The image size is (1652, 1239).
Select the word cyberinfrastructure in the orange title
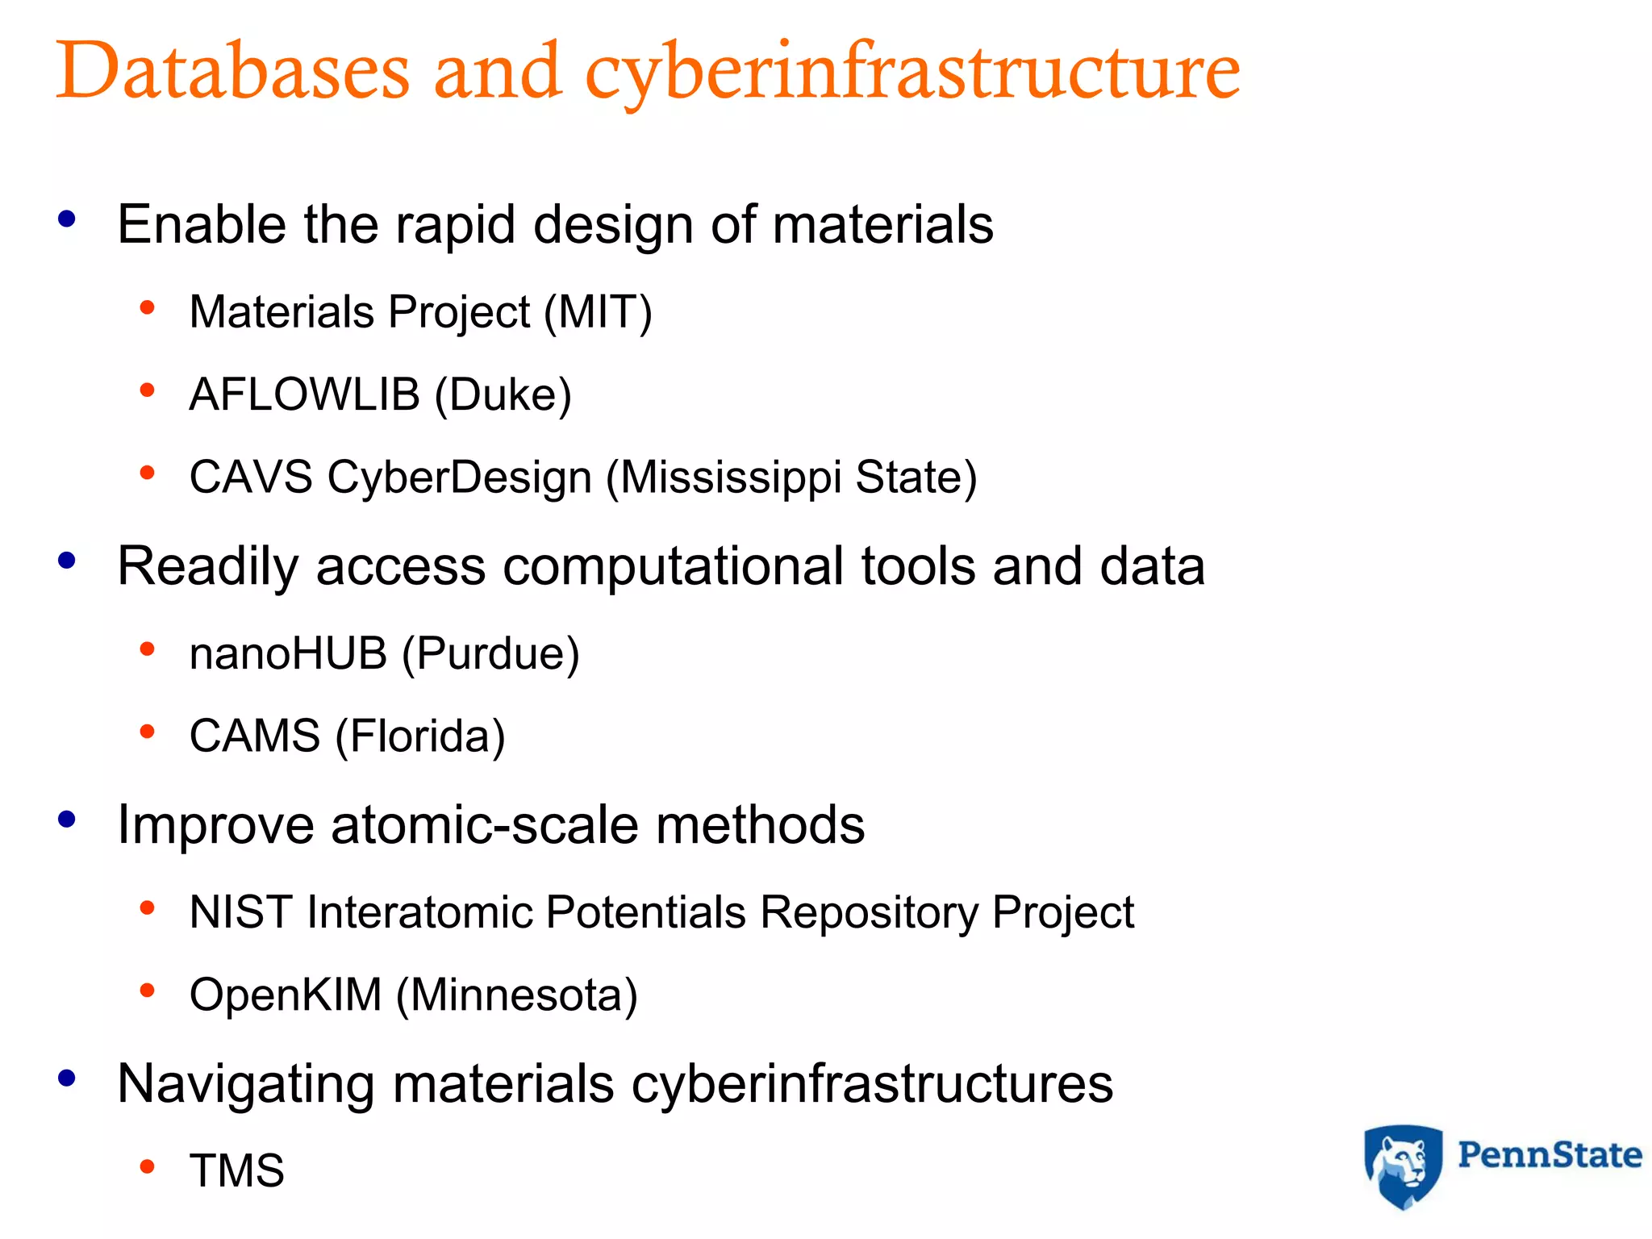(x=912, y=73)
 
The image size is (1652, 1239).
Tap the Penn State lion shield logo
(x=1403, y=1166)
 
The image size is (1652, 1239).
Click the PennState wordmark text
(x=1550, y=1155)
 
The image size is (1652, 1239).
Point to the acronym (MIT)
(x=598, y=313)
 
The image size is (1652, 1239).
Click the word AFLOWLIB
(x=304, y=394)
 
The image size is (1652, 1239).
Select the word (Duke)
(x=503, y=395)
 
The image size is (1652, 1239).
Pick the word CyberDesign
(x=460, y=478)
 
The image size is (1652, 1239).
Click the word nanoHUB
(x=288, y=653)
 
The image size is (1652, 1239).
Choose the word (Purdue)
(x=490, y=654)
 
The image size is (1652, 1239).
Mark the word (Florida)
(x=420, y=736)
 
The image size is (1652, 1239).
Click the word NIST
(x=240, y=912)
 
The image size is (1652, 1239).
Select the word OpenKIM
(x=286, y=995)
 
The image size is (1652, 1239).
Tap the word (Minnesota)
(x=517, y=995)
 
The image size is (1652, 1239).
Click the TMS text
(x=237, y=1170)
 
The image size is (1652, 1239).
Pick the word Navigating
(x=245, y=1084)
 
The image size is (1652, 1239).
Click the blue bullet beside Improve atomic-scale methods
(x=67, y=820)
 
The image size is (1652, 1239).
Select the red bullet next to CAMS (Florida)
(x=147, y=732)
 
